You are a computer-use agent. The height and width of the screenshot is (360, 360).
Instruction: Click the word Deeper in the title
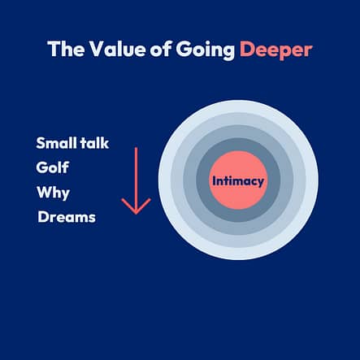click(x=276, y=50)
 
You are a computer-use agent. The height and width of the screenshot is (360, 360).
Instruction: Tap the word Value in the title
click(x=117, y=49)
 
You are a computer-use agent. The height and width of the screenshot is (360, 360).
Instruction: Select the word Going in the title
click(x=205, y=50)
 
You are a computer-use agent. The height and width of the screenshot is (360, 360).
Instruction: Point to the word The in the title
click(x=66, y=49)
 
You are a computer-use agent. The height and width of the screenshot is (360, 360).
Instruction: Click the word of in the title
click(x=160, y=49)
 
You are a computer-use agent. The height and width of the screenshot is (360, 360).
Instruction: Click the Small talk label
click(x=72, y=143)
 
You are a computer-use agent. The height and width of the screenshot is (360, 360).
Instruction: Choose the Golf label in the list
click(x=53, y=167)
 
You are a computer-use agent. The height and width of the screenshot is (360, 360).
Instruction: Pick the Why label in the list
click(x=53, y=193)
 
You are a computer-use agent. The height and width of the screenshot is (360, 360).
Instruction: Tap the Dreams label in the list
click(x=67, y=217)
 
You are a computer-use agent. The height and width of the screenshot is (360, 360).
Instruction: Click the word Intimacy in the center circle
click(x=238, y=181)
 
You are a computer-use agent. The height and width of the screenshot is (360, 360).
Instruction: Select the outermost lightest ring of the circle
click(x=238, y=106)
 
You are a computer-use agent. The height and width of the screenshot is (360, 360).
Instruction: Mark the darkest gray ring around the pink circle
click(x=238, y=145)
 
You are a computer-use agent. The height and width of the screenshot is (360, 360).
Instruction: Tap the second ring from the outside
click(x=238, y=119)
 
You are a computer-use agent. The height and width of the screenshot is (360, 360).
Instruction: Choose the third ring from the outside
click(x=238, y=132)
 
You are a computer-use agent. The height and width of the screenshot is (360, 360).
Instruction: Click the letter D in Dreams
click(x=43, y=217)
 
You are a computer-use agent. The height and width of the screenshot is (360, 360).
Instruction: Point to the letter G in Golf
click(x=41, y=167)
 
